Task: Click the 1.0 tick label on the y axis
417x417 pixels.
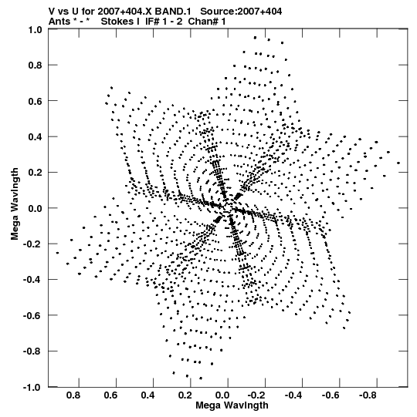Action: (x=36, y=29)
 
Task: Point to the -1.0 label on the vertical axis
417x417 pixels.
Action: (x=32, y=387)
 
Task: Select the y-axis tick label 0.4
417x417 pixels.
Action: (x=36, y=136)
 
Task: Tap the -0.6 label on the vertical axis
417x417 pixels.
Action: (x=32, y=316)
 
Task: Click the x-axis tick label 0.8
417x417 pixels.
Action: (x=73, y=395)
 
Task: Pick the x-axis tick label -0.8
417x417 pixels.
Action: (x=368, y=395)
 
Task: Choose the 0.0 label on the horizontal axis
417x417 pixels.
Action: (x=222, y=395)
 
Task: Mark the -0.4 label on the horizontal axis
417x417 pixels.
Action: (x=293, y=395)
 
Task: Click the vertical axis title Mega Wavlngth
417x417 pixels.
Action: (x=15, y=204)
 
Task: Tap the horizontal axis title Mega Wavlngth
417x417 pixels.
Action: (x=232, y=405)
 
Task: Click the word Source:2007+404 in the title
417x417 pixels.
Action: (x=241, y=12)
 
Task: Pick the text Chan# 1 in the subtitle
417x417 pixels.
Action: (x=207, y=22)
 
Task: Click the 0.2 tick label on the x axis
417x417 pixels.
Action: (x=185, y=395)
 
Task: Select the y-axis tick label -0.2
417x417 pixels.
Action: (x=32, y=244)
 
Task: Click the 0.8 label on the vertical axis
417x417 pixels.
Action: (x=36, y=66)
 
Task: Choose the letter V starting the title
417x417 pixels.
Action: (x=52, y=12)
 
